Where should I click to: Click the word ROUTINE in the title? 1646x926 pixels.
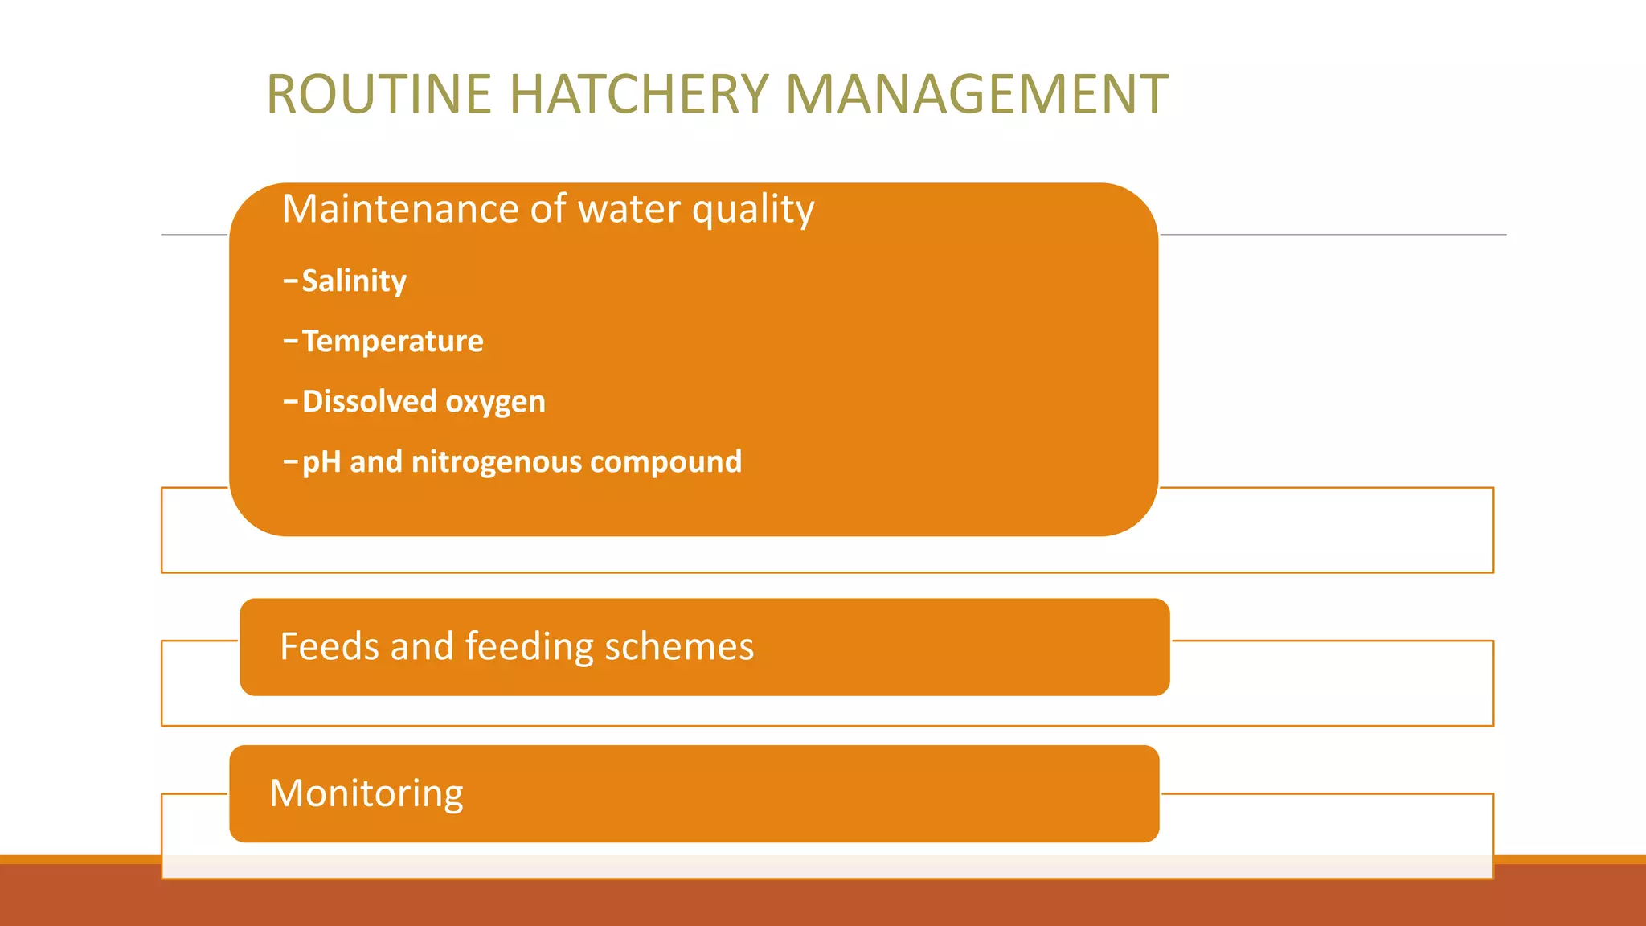click(379, 95)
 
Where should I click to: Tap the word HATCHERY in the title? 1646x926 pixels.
click(639, 95)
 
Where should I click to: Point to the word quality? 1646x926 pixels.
click(753, 211)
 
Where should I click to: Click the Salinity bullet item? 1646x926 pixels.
click(354, 281)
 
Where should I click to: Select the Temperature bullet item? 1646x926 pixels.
click(392, 342)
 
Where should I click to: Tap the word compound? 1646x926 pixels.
click(665, 462)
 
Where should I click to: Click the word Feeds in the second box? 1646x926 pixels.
click(330, 646)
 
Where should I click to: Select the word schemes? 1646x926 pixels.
click(679, 646)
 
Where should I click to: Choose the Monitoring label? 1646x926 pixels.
click(366, 794)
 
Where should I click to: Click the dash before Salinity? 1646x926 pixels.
click(290, 281)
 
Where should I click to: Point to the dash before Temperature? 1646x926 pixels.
click(290, 342)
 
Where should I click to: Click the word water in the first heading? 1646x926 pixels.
click(629, 209)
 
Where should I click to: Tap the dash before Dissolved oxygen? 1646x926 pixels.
click(290, 401)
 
